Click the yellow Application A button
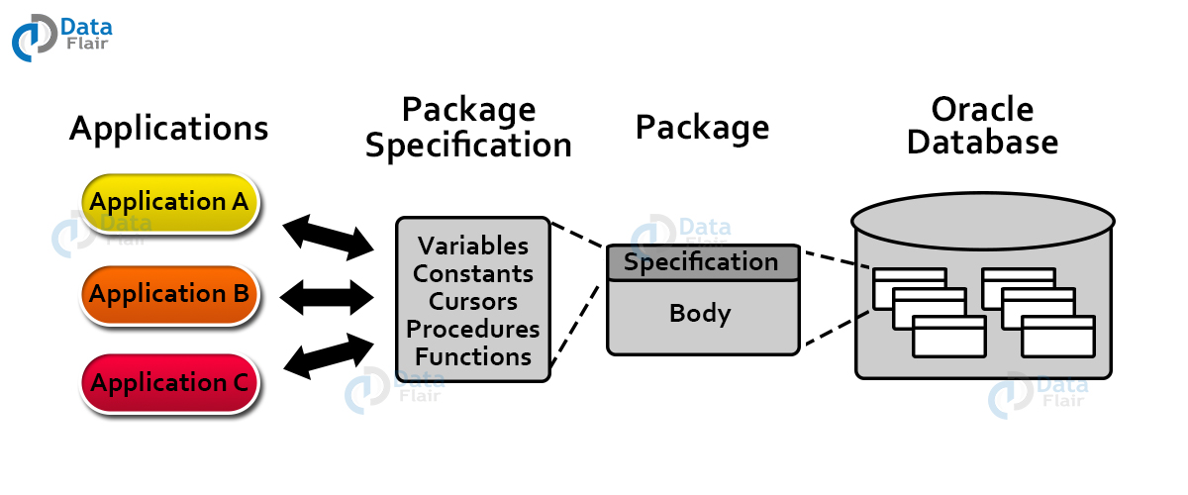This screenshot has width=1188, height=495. [169, 203]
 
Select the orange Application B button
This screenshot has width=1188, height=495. [169, 294]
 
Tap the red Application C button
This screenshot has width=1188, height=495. [169, 383]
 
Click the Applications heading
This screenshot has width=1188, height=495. [168, 129]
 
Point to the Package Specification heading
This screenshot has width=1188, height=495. [468, 127]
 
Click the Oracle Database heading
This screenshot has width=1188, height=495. [982, 126]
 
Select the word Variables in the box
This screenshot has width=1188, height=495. [473, 246]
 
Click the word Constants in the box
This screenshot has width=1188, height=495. [473, 273]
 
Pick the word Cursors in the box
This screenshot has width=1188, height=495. [473, 300]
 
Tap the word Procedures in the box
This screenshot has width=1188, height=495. [473, 329]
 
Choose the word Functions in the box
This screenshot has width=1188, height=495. [473, 356]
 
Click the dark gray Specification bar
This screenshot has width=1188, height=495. [702, 262]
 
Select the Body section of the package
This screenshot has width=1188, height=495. [702, 315]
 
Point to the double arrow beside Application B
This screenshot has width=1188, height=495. [327, 294]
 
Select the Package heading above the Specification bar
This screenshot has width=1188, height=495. [702, 128]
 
